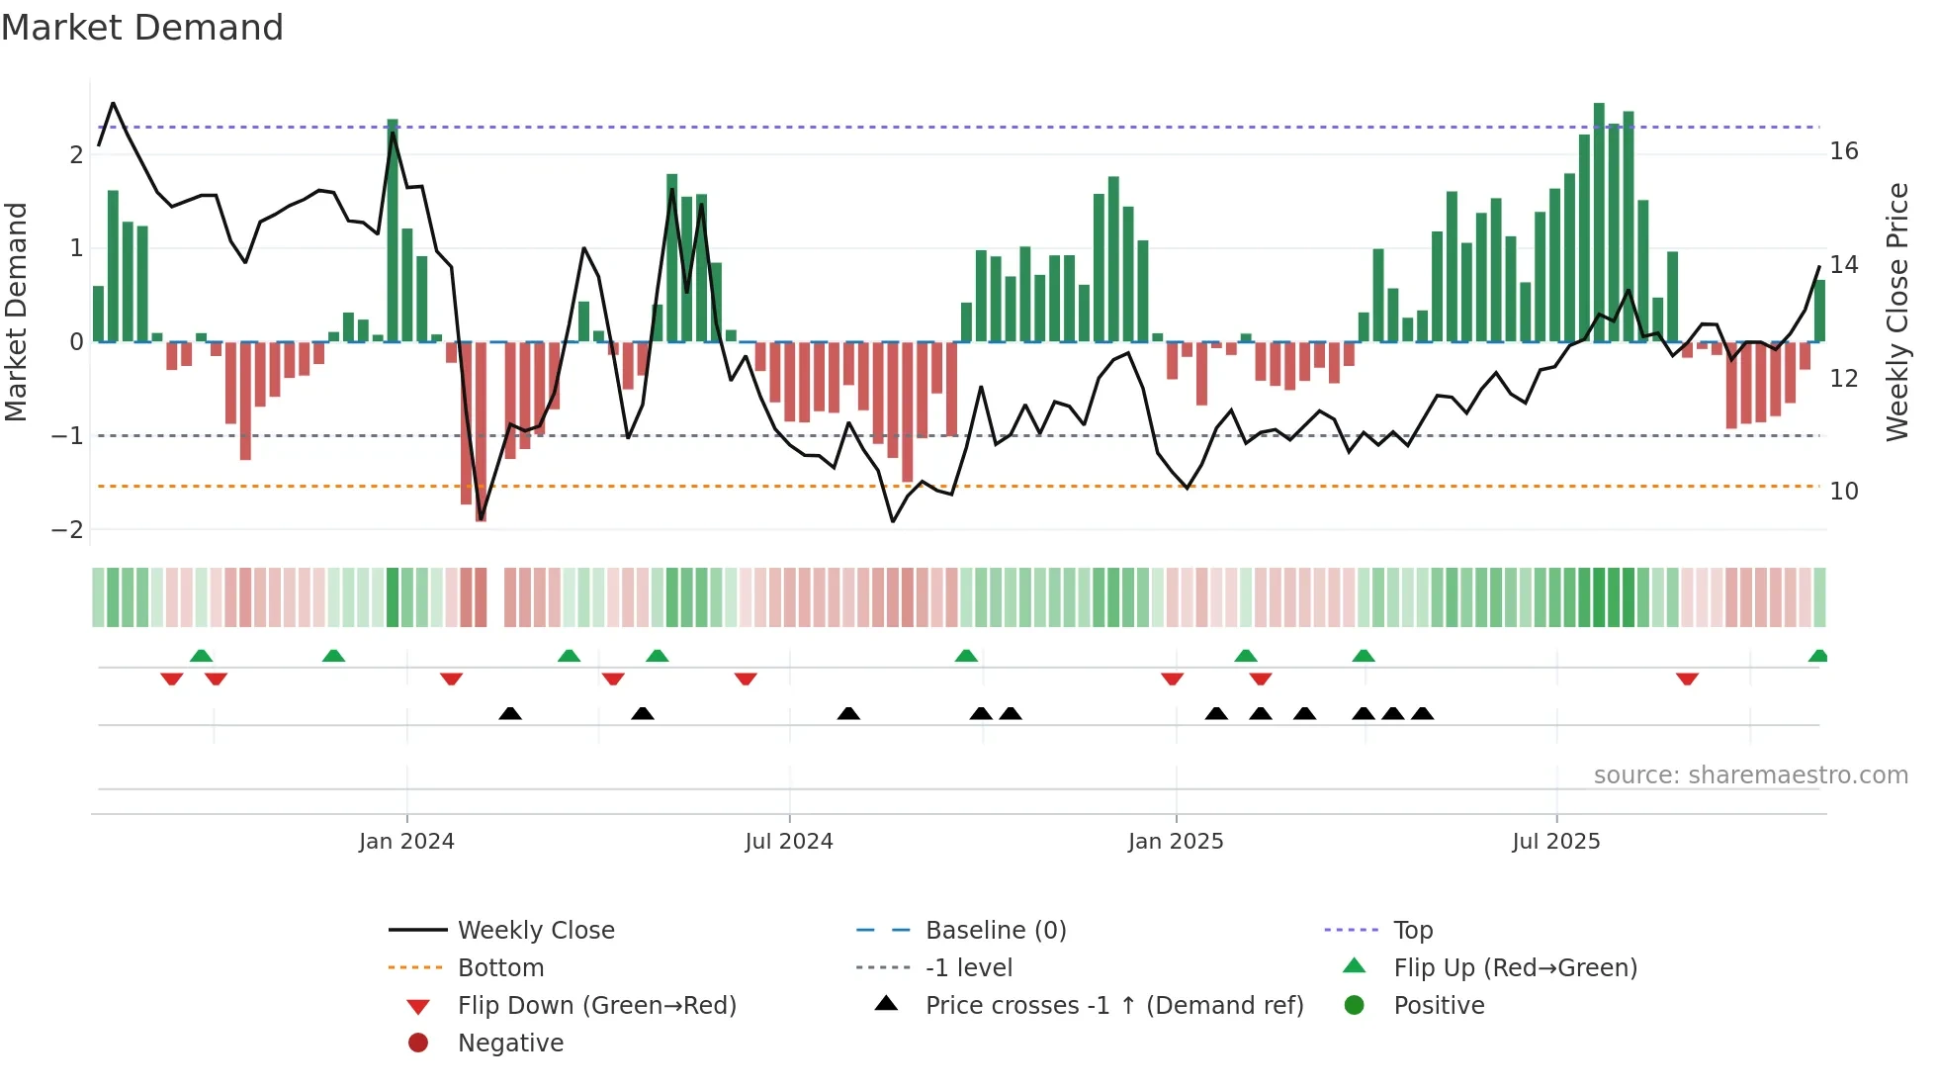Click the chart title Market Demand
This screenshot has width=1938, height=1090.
pyautogui.click(x=142, y=28)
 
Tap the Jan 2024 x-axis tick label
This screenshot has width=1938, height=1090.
pyautogui.click(x=406, y=842)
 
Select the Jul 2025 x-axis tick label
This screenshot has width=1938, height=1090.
pyautogui.click(x=1555, y=842)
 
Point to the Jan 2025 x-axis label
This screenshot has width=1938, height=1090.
pyautogui.click(x=1176, y=842)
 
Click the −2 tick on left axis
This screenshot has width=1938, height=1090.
pyautogui.click(x=68, y=530)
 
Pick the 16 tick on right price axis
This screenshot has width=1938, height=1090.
pyautogui.click(x=1843, y=151)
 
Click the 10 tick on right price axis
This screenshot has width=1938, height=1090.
pyautogui.click(x=1843, y=492)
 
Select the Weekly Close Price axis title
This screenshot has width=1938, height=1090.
pyautogui.click(x=1896, y=312)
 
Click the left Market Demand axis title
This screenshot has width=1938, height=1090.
pyautogui.click(x=17, y=312)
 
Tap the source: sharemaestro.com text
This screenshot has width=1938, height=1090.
pyautogui.click(x=1750, y=775)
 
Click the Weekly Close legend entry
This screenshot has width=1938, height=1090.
pyautogui.click(x=535, y=931)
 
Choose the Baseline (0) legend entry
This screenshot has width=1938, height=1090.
pyautogui.click(x=995, y=931)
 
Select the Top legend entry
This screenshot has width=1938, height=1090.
pyautogui.click(x=1412, y=931)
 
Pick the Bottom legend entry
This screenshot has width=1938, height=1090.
pyautogui.click(x=500, y=968)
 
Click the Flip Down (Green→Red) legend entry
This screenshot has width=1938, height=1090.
pyautogui.click(x=596, y=1006)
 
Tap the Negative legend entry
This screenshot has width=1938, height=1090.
pyautogui.click(x=510, y=1044)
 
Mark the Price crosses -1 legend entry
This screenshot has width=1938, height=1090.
pyautogui.click(x=1113, y=1006)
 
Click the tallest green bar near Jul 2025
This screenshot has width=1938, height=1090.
pyautogui.click(x=1599, y=223)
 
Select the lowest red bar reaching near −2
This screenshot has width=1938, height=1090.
pyautogui.click(x=481, y=431)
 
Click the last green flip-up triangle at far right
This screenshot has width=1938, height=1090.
pyautogui.click(x=1817, y=656)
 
